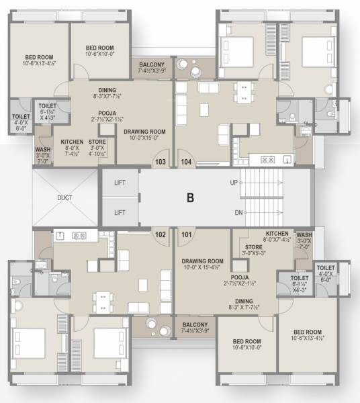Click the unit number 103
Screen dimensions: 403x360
(x=160, y=162)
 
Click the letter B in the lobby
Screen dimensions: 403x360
(x=190, y=198)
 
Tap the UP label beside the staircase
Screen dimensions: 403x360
(x=233, y=182)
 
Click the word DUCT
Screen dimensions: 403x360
(x=64, y=198)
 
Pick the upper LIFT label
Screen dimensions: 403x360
(x=120, y=183)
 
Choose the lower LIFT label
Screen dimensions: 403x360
(x=120, y=212)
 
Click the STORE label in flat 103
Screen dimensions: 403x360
(x=97, y=142)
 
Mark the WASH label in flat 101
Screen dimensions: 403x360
(x=304, y=235)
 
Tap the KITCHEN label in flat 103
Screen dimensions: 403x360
(x=72, y=142)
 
